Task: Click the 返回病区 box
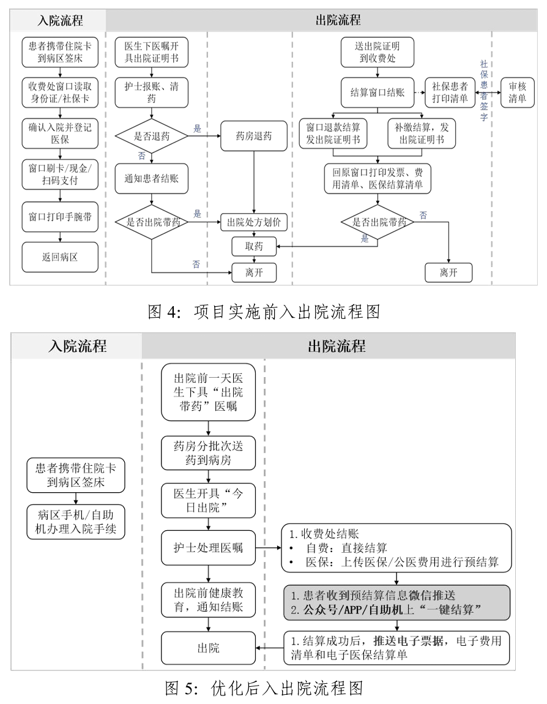pos(58,257)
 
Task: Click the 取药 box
pos(253,245)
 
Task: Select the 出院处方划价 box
pos(253,222)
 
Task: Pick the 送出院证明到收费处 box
pos(379,52)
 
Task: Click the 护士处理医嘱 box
pos(209,548)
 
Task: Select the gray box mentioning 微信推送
pos(396,602)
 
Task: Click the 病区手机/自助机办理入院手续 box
pos(76,522)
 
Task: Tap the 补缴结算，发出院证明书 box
pos(422,133)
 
